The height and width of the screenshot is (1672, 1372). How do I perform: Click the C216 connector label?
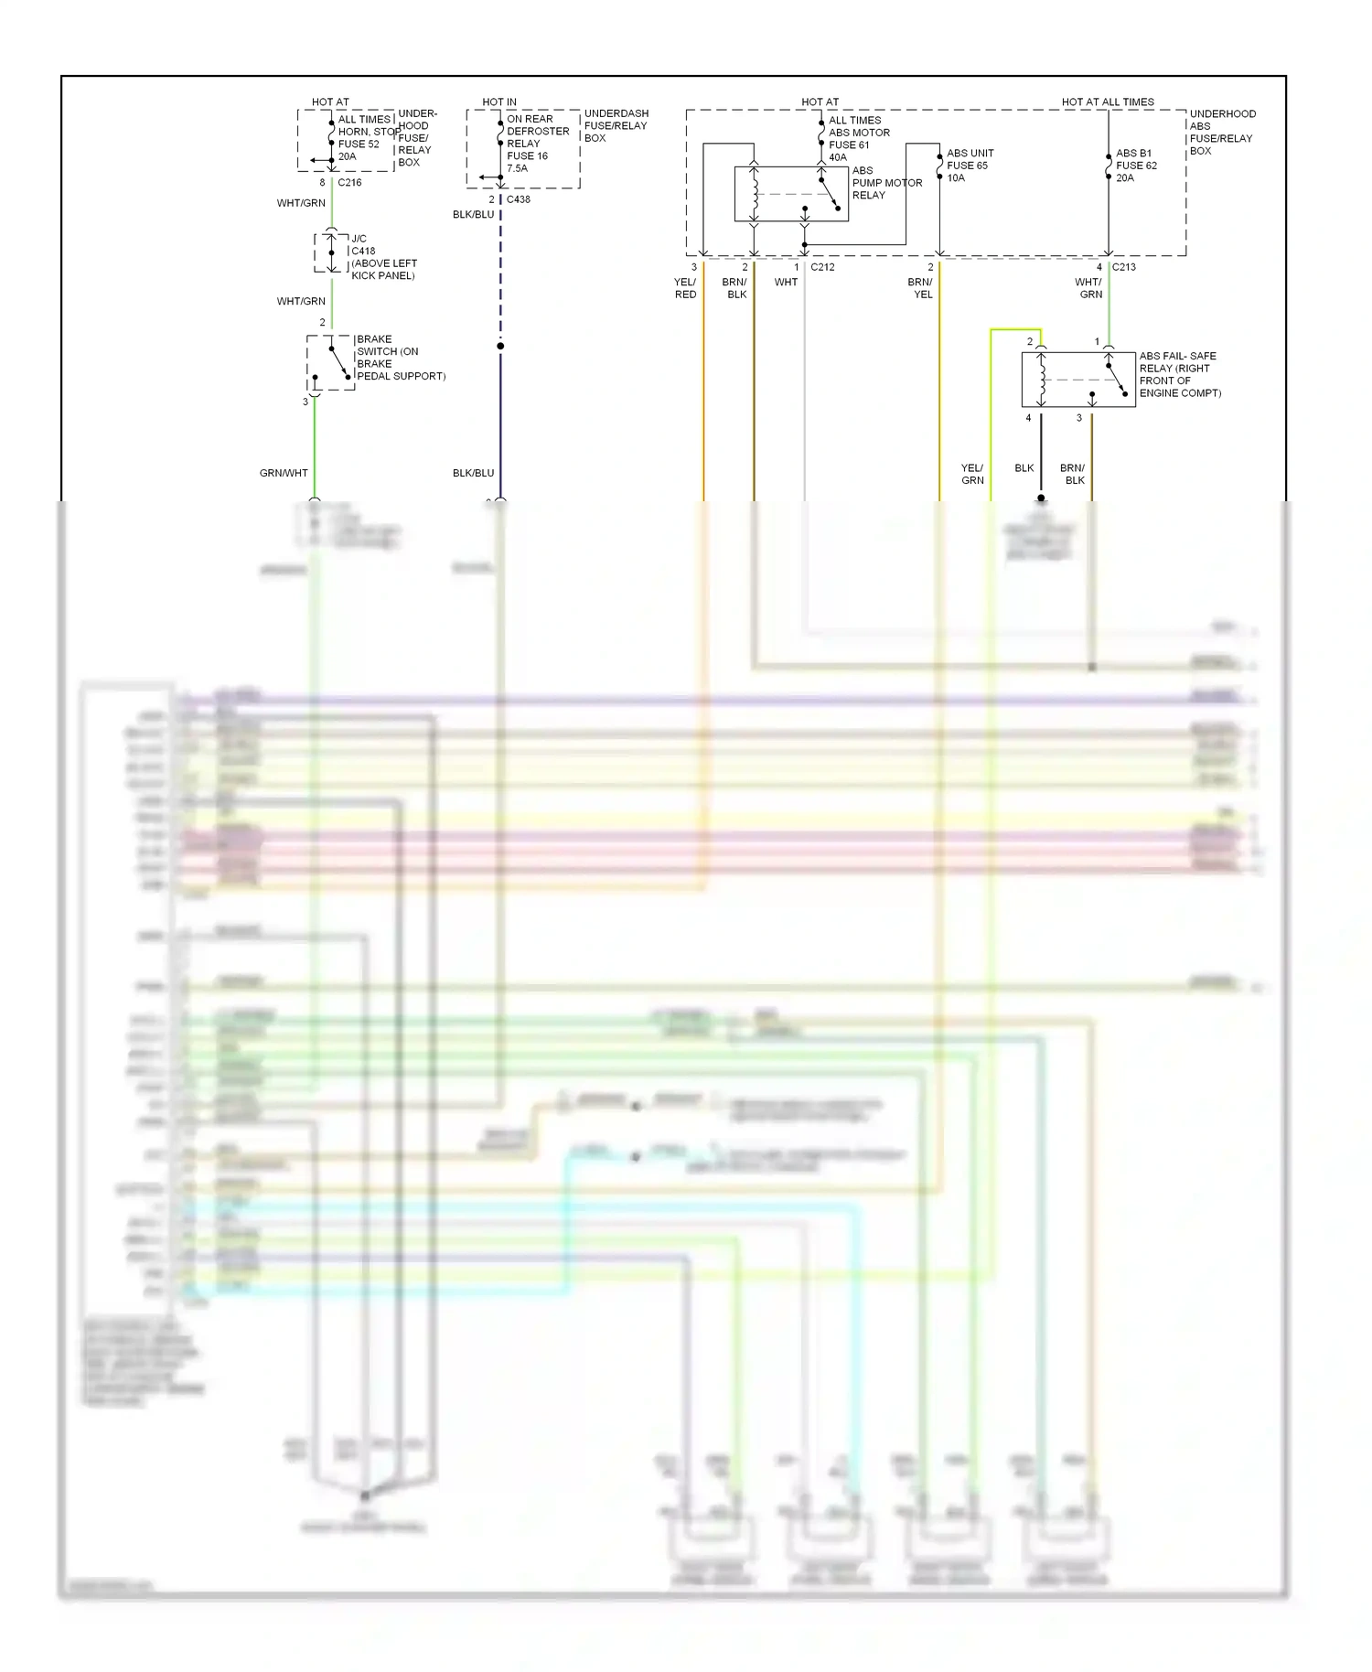coord(349,182)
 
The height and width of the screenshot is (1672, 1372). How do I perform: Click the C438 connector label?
coord(519,198)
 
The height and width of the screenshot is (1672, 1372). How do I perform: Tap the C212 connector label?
coord(822,267)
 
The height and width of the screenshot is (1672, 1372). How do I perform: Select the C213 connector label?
coord(1124,267)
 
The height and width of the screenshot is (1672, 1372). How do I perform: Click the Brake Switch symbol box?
coord(330,362)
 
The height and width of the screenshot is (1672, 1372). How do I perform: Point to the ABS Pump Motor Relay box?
coord(791,194)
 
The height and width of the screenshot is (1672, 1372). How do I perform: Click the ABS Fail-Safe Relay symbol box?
coord(1078,380)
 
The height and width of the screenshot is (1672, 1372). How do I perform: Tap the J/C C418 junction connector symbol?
coord(331,253)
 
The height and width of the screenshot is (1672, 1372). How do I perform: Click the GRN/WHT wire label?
coord(284,473)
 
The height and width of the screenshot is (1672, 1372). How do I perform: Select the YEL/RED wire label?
coord(685,288)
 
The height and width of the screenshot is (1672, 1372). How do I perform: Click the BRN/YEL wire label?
coord(920,288)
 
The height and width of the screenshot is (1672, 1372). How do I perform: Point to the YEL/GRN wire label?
coord(972,474)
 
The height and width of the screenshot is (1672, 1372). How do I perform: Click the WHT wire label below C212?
coord(786,282)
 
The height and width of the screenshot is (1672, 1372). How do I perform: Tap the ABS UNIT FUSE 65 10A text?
coord(970,166)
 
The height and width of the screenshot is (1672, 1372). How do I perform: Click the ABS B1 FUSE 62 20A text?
coord(1136,166)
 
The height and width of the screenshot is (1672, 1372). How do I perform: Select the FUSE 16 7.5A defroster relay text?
coord(529,162)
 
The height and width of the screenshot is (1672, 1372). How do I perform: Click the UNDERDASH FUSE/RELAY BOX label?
coord(616,125)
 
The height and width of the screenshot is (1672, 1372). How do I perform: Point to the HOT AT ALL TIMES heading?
coord(1108,102)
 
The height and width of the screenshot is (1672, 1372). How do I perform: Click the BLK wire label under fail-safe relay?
coord(1024,467)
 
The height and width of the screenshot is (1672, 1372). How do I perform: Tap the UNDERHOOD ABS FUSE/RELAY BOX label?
coord(1222,132)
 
